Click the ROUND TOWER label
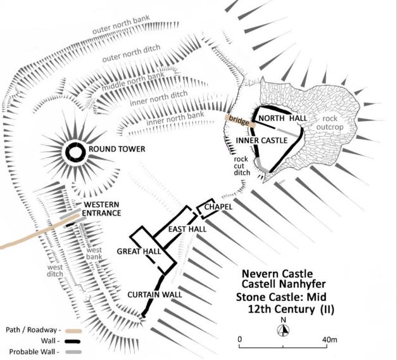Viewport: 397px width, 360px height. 117,149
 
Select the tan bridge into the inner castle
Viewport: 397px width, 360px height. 240,121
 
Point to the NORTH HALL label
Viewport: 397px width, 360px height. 282,118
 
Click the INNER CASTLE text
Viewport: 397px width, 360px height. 262,141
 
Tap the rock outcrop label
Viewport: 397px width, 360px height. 330,122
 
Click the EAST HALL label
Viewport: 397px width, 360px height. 187,229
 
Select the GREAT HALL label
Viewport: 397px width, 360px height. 139,251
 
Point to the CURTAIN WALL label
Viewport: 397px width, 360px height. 154,295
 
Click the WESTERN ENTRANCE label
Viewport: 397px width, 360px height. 101,209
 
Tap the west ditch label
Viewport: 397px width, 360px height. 55,270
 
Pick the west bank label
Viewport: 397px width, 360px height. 94,253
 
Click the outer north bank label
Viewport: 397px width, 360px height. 121,25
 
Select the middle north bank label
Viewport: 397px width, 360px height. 133,82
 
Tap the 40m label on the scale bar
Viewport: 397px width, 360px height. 330,340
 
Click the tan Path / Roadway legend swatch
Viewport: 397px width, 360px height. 73,331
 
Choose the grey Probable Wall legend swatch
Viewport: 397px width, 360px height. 73,352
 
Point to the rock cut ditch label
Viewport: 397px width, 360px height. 242,166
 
